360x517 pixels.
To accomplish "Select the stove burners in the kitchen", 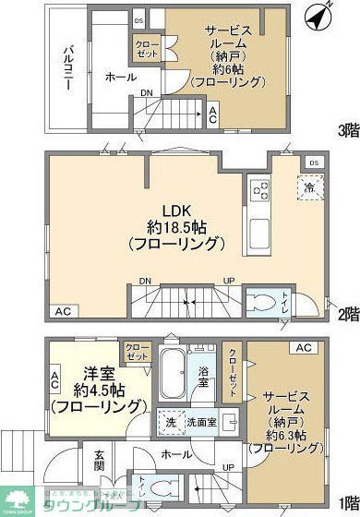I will [x=258, y=192].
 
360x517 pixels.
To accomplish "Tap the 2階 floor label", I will [x=347, y=315].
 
